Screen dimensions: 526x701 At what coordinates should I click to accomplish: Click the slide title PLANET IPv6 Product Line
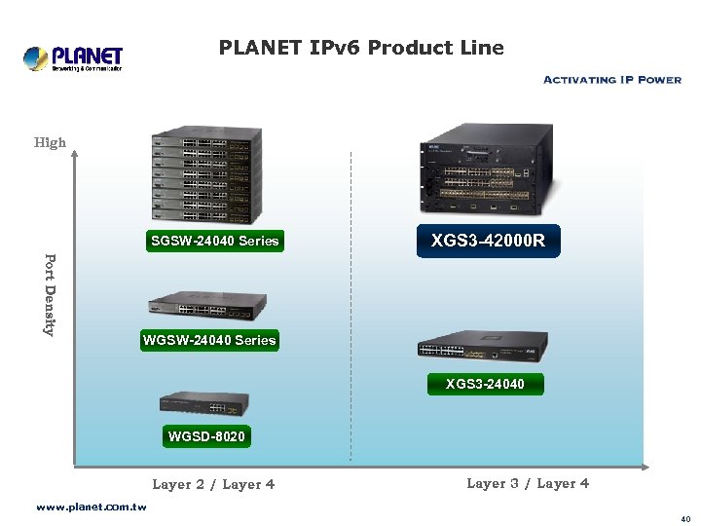click(x=361, y=47)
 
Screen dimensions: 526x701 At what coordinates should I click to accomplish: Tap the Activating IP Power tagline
click(x=611, y=80)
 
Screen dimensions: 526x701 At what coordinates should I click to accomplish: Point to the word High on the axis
click(x=50, y=142)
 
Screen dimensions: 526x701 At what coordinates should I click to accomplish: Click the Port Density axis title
click(x=50, y=294)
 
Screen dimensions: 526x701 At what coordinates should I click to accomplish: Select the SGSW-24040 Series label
click(x=214, y=242)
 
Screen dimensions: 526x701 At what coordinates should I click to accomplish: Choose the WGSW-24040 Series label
click(x=209, y=340)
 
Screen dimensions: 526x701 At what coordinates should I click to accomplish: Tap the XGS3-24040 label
click(x=485, y=384)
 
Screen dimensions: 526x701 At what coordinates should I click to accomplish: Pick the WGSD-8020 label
click(x=206, y=436)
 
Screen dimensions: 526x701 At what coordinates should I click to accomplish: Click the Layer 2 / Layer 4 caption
click(x=213, y=484)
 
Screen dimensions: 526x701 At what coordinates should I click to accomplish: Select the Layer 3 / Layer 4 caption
click(x=528, y=483)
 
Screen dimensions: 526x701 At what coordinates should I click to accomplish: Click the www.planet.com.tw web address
click(x=91, y=507)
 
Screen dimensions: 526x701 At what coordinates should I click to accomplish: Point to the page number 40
click(x=685, y=519)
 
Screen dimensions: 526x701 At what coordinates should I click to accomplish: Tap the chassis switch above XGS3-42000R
click(x=489, y=171)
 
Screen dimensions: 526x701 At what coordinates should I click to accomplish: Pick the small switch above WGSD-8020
click(x=203, y=403)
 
